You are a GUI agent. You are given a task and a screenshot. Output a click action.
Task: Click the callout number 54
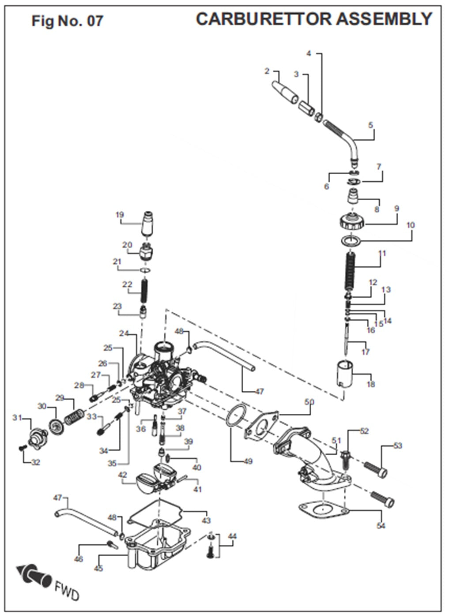(x=381, y=525)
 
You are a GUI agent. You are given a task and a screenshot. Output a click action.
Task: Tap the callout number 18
(x=370, y=384)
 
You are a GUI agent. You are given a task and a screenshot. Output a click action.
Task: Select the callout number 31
(x=17, y=417)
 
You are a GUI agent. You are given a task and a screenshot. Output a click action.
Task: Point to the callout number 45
(x=98, y=568)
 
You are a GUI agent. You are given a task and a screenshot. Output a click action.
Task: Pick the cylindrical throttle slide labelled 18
(x=345, y=374)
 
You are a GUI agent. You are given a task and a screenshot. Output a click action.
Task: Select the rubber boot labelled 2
(x=285, y=92)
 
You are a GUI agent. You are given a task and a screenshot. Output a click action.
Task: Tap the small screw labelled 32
(x=23, y=448)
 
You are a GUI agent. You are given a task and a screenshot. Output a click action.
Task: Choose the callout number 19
(x=120, y=215)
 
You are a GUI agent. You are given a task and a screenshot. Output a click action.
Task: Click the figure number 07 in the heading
(x=95, y=21)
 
